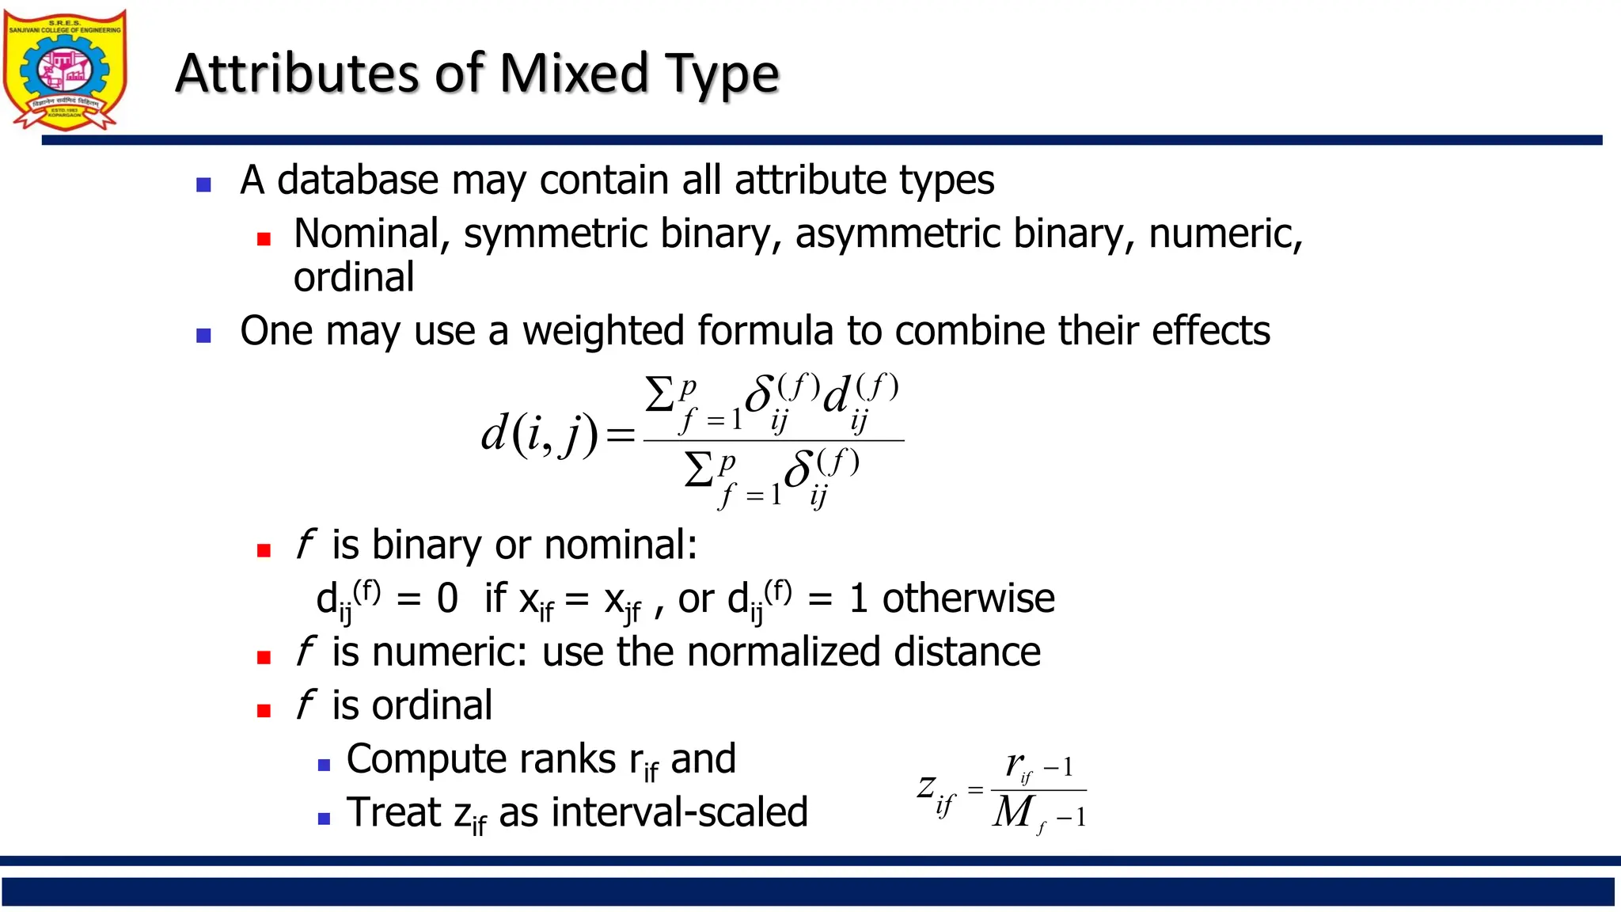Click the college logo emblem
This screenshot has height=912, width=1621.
65,70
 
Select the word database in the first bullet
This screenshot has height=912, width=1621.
357,180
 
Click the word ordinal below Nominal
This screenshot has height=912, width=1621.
354,277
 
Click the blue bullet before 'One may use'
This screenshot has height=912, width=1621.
203,336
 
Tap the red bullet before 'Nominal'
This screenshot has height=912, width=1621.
264,238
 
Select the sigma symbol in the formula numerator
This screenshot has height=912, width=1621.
659,394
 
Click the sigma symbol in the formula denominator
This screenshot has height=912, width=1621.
699,470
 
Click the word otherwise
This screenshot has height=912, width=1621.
968,598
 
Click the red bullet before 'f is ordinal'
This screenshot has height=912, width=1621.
264,711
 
